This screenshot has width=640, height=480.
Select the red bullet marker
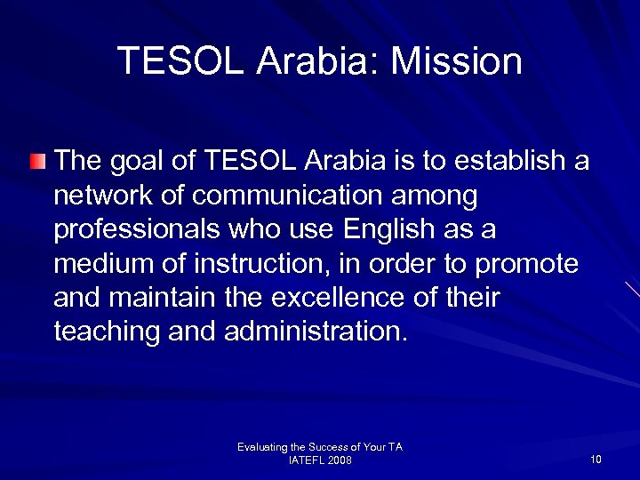[36, 162]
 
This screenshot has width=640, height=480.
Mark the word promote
[525, 263]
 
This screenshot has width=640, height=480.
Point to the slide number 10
[595, 459]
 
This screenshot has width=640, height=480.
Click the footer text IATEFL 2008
[320, 460]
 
